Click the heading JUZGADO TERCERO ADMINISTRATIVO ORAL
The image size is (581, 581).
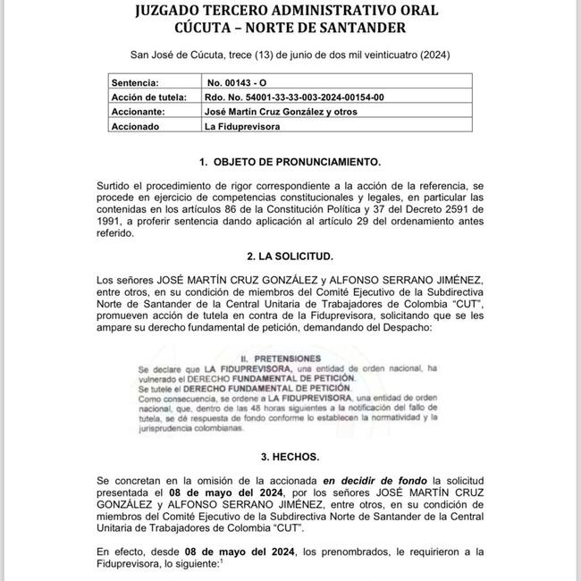pyautogui.click(x=290, y=13)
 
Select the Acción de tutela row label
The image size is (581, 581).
pyautogui.click(x=149, y=97)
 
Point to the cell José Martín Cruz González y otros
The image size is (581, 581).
pyautogui.click(x=282, y=112)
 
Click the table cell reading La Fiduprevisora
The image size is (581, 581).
pyautogui.click(x=242, y=127)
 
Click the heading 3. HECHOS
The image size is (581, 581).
pyautogui.click(x=290, y=455)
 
